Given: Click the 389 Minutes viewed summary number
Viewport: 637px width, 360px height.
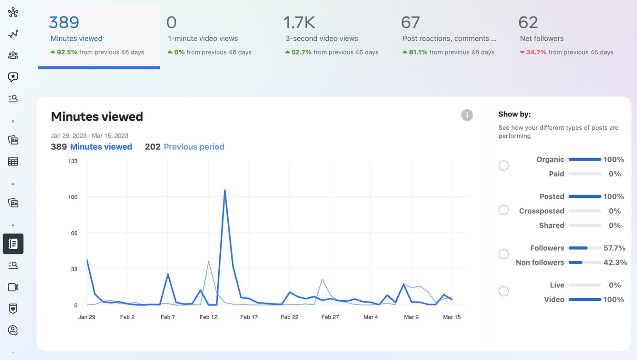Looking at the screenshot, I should [x=64, y=22].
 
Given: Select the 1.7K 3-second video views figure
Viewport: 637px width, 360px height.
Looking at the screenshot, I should [x=299, y=22].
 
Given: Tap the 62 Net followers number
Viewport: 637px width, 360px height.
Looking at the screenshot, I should [x=528, y=22].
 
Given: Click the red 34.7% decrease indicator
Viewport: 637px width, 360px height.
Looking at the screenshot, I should [x=536, y=52].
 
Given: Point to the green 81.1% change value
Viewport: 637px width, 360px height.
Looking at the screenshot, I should [x=418, y=52].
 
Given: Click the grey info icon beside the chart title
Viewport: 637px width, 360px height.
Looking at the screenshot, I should [x=467, y=115].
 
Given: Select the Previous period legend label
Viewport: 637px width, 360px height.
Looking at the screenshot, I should [x=194, y=147].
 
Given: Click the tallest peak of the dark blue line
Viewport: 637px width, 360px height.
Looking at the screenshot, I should [x=225, y=191].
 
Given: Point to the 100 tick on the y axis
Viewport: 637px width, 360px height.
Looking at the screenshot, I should [x=73, y=197].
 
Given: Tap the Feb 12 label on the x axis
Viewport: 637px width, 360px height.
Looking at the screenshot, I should [x=208, y=317].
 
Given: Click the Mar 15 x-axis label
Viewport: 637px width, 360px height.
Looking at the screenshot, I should [x=452, y=317].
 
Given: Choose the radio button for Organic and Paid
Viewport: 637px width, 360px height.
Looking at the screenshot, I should [x=503, y=166].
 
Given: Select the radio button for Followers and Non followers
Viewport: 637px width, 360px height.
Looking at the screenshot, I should [x=503, y=254].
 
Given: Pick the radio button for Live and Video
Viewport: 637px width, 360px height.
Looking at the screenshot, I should [x=503, y=291].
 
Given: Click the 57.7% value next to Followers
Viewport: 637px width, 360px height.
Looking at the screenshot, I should [x=614, y=248].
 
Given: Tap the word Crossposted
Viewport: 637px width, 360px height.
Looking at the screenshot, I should [x=541, y=211].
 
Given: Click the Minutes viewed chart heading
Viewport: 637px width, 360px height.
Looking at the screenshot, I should [x=97, y=117].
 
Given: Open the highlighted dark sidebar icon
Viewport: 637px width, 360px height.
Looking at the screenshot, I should [x=13, y=244].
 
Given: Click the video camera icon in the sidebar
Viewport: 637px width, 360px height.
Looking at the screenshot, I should [x=13, y=287].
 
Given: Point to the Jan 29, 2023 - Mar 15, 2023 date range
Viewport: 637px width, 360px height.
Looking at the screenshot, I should [x=89, y=136].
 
